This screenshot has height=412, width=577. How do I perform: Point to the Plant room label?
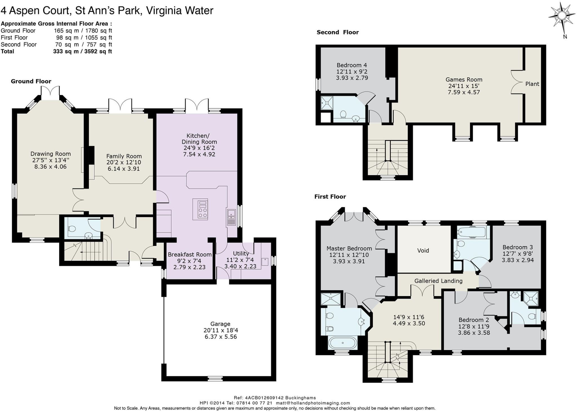pos(532,84)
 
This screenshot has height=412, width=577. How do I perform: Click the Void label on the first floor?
pos(423,250)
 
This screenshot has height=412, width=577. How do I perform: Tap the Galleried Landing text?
pos(438,281)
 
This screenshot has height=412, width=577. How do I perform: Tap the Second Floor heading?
pos(338,32)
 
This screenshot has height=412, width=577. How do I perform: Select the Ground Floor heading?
pos(31,81)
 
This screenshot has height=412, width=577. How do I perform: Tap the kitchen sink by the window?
pos(231,217)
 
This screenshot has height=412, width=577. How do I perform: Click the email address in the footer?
pos(313,403)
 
